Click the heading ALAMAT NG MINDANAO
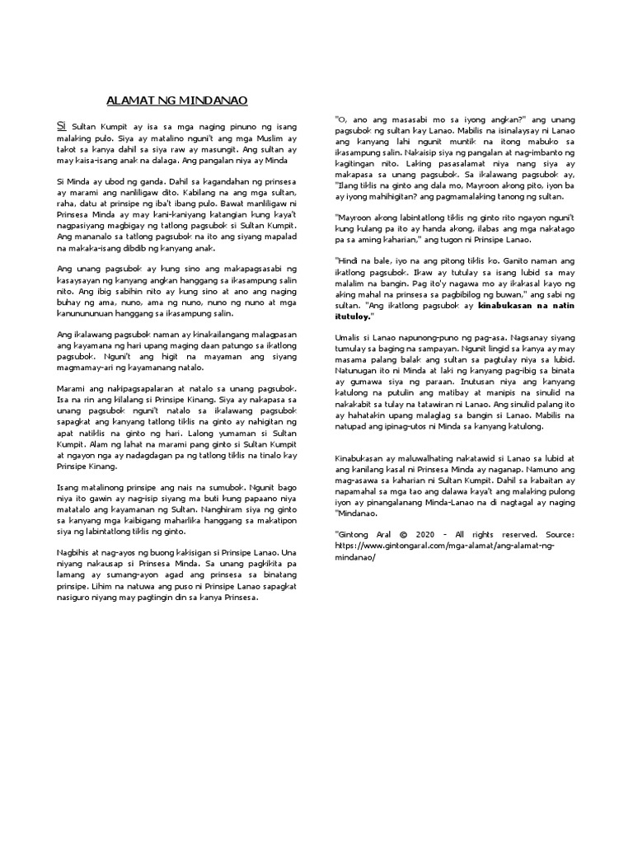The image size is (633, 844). click(177, 101)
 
